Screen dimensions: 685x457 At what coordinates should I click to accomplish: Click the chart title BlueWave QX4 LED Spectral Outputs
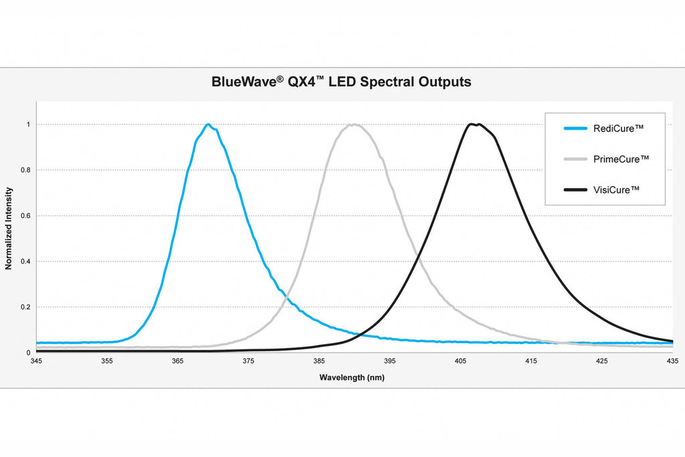(341, 82)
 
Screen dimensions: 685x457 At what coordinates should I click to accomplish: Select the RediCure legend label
(618, 128)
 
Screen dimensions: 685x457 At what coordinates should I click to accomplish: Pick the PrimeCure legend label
(621, 159)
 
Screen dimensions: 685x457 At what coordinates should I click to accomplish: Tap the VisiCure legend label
(616, 189)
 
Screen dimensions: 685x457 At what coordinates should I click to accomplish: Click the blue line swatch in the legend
(575, 128)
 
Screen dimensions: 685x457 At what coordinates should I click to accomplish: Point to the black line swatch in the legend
(575, 189)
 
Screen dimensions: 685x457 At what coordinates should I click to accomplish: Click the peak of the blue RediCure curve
(209, 124)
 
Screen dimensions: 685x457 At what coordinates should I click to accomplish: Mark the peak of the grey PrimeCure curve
(353, 124)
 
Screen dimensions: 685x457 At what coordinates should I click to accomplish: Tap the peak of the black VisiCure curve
(474, 124)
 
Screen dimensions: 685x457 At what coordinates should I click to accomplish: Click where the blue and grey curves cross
(286, 297)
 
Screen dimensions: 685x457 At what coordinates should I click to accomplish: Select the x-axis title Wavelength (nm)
(352, 377)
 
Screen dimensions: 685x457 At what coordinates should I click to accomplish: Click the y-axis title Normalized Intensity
(9, 228)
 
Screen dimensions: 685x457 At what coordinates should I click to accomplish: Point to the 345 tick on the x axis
(36, 361)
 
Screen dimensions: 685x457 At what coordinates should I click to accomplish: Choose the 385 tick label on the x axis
(319, 361)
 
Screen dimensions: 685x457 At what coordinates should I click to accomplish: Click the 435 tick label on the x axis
(673, 361)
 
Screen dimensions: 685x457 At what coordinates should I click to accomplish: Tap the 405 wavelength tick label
(460, 361)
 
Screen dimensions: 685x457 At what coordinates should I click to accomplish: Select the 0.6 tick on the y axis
(26, 216)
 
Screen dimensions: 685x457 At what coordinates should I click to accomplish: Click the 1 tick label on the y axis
(28, 124)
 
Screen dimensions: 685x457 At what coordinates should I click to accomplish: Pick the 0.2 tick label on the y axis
(26, 307)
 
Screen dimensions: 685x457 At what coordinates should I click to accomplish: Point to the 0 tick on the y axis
(28, 353)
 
